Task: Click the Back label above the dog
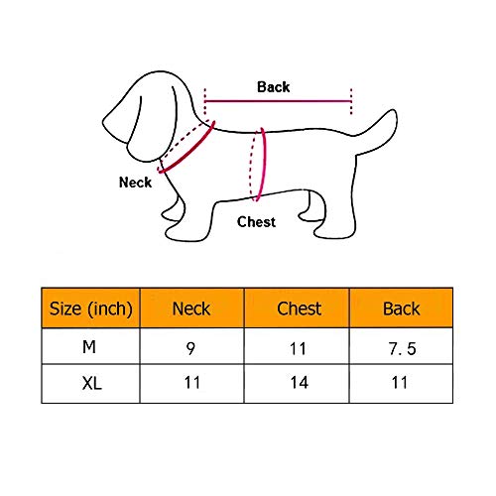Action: pyautogui.click(x=274, y=87)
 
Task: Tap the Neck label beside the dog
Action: pyautogui.click(x=135, y=183)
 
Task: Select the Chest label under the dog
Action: pyautogui.click(x=256, y=222)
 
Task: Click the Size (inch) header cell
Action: pyautogui.click(x=91, y=309)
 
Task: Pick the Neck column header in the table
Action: pyautogui.click(x=191, y=309)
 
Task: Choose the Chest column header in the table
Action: pyautogui.click(x=300, y=309)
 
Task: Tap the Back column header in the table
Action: pyautogui.click(x=402, y=309)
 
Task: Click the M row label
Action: pyautogui.click(x=89, y=347)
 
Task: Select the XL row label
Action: pyautogui.click(x=92, y=384)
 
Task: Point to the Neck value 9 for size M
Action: pyautogui.click(x=190, y=348)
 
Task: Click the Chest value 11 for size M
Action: pyautogui.click(x=298, y=349)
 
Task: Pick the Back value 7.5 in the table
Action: pyautogui.click(x=402, y=349)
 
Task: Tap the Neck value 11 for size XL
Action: pyautogui.click(x=192, y=383)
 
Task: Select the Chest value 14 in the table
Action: pyautogui.click(x=300, y=383)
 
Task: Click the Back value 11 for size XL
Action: pyautogui.click(x=400, y=383)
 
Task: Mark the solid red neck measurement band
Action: pyautogui.click(x=186, y=148)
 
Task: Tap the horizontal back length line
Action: pyautogui.click(x=278, y=101)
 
